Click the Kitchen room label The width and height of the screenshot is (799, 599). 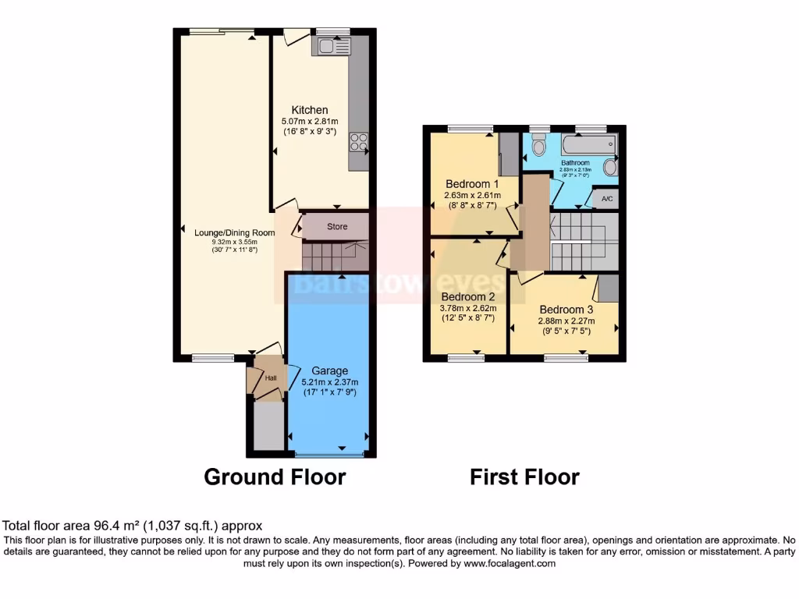coord(310,110)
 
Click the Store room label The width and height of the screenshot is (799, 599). coord(336,227)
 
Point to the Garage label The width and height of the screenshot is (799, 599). coord(330,370)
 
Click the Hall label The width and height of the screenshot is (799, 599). coord(271,378)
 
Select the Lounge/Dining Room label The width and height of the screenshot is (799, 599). coord(234,232)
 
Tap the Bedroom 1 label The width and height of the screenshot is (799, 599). coord(472,184)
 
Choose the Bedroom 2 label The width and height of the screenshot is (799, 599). coord(468,296)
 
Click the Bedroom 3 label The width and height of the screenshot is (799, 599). coord(566,309)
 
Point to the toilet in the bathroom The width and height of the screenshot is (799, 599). coord(538,147)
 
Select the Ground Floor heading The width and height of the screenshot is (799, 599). coord(275,477)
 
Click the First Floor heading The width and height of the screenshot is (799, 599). coord(524,477)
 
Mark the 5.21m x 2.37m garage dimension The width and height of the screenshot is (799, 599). coord(330,382)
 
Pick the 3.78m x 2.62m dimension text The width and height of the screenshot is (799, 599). coord(468,308)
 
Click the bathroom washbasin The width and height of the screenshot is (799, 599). coord(609,167)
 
